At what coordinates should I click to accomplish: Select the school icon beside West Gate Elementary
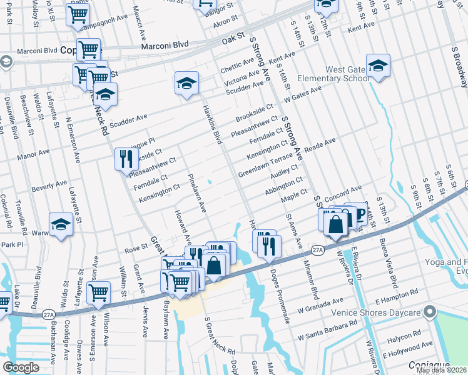pyautogui.click(x=378, y=66)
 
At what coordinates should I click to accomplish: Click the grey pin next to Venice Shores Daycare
pyautogui.click(x=429, y=311)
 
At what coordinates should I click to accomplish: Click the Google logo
pyautogui.click(x=21, y=367)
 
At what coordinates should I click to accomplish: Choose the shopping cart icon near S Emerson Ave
pyautogui.click(x=99, y=292)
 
